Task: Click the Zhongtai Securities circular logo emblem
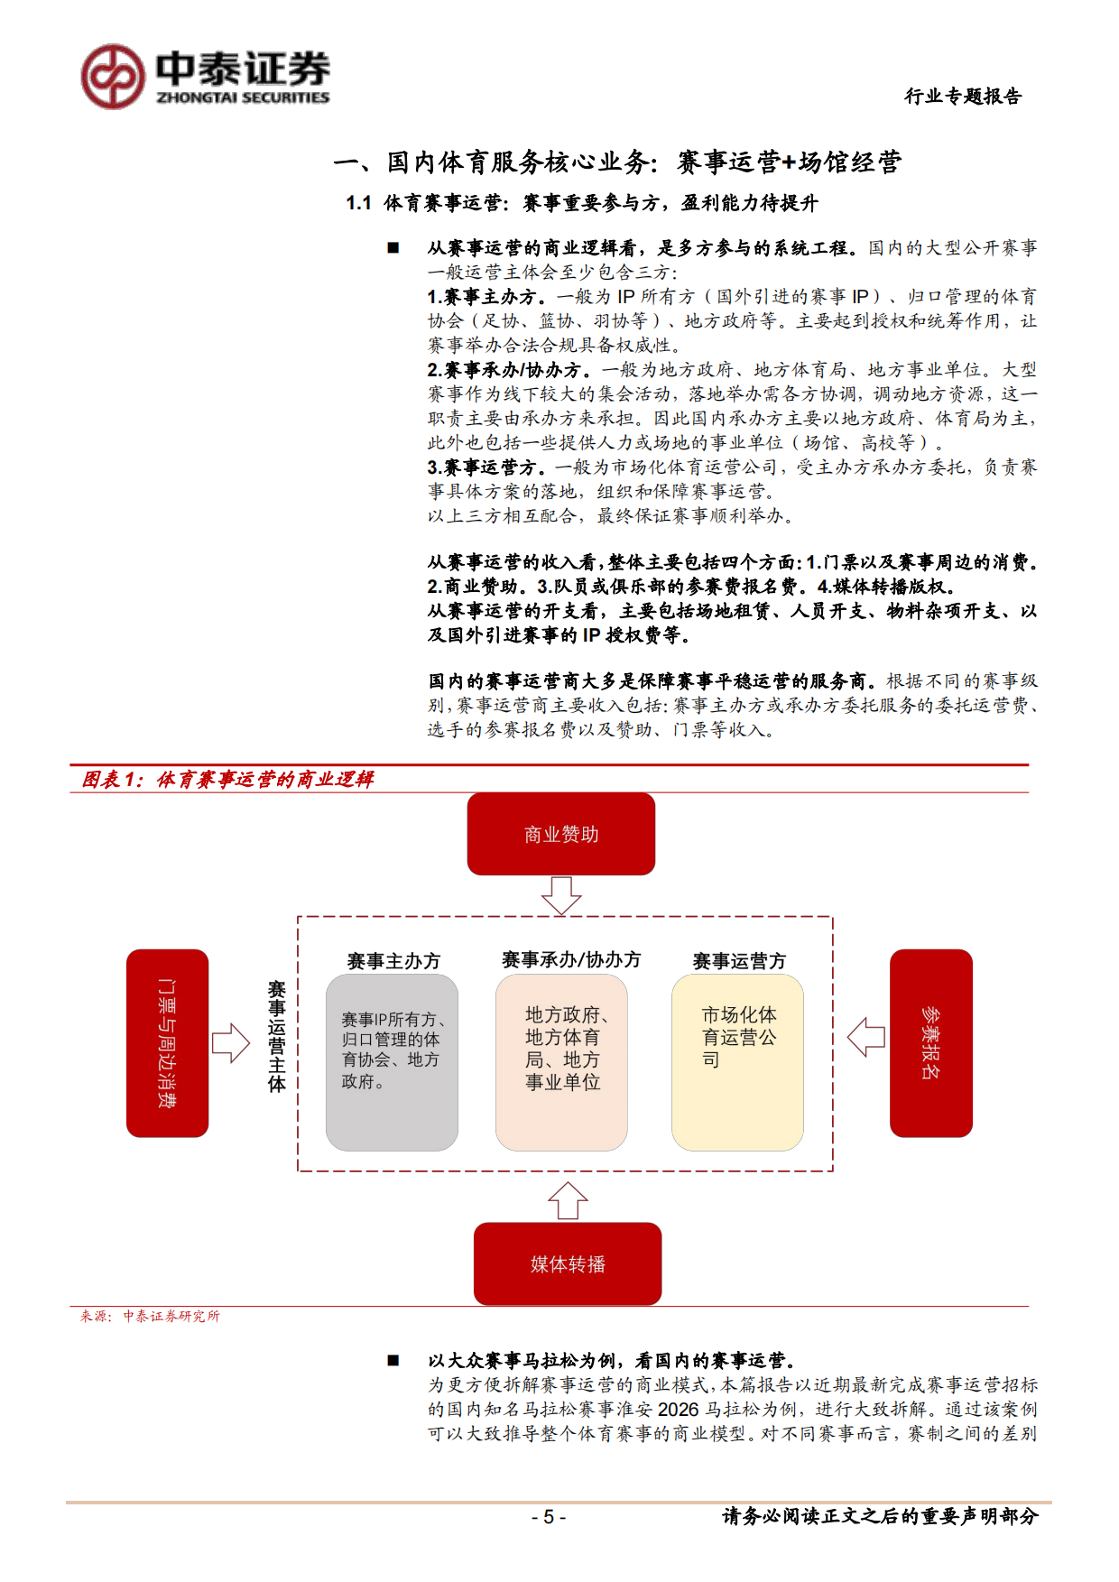[113, 78]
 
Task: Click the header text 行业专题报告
[963, 97]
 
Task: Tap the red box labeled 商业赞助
[560, 834]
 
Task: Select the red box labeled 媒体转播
[567, 1263]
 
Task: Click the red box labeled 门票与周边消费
[167, 1042]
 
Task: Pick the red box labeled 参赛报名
[930, 1042]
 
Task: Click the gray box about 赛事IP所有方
[392, 1061]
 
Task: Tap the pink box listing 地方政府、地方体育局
[561, 1061]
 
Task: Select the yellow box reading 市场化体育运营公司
[737, 1061]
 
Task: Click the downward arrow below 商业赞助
[560, 895]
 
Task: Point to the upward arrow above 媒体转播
[568, 1201]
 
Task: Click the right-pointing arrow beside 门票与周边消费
[230, 1042]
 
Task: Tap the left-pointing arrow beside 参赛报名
[866, 1037]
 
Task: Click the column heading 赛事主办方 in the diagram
[393, 961]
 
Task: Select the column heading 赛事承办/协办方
[570, 959]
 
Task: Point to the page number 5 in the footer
[548, 1517]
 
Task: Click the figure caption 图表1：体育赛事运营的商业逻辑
[227, 779]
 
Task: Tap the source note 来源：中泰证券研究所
[150, 1316]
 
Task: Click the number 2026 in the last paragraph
[678, 1409]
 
